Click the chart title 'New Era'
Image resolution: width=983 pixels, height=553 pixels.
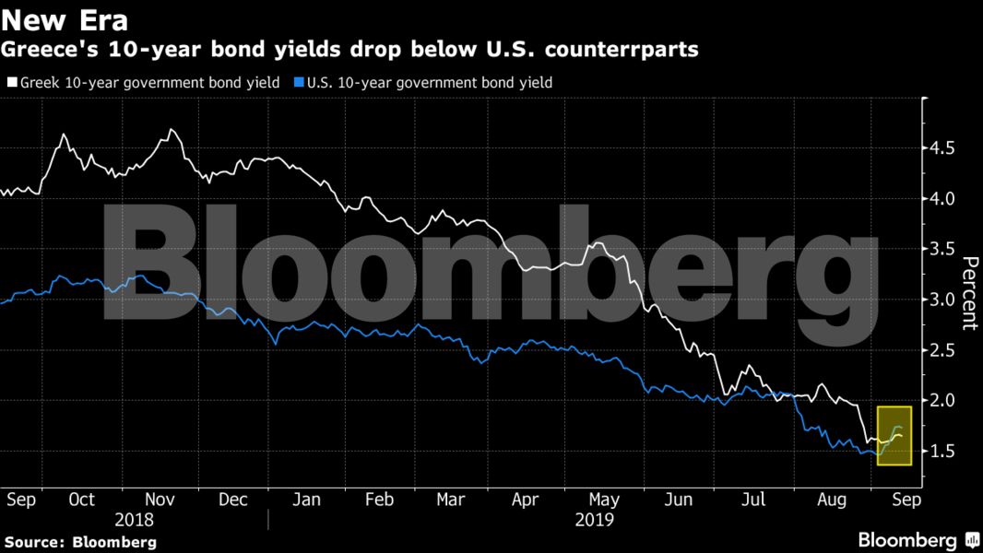coord(65,18)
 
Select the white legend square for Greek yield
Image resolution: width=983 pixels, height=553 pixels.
coord(11,83)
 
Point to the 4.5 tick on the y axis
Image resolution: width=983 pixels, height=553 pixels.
coord(942,148)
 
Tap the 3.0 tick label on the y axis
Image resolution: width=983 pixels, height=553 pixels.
coord(942,300)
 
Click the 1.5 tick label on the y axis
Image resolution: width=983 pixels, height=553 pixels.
coord(942,452)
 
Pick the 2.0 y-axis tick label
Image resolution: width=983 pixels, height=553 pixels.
coord(942,401)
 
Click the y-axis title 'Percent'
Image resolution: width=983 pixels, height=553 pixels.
coord(969,292)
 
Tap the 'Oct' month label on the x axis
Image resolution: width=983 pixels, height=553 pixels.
coord(81,500)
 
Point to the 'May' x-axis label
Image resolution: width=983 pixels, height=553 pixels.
coord(604,500)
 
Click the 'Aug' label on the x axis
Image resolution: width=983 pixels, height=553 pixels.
coord(832,500)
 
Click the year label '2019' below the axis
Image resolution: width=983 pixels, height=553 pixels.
coord(594,520)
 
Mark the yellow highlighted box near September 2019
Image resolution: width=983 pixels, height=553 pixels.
coord(894,436)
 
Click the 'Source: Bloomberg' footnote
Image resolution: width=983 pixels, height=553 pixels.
coord(78,542)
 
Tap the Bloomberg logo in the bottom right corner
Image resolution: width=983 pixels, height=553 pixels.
coord(918,540)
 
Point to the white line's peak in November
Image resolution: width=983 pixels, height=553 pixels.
coord(172,130)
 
